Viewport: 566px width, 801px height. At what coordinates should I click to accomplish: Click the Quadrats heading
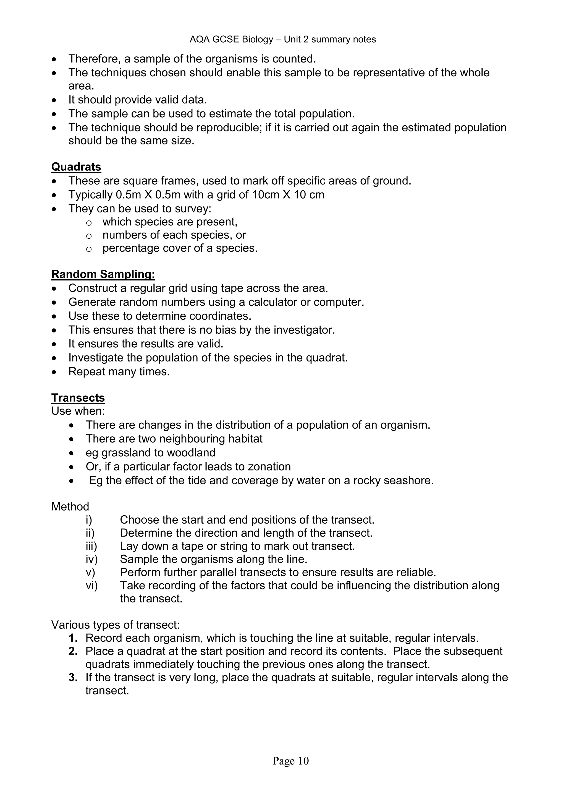[76, 167]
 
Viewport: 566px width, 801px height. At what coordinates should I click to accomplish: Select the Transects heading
[78, 398]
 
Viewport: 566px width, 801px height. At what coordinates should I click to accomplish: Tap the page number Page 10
[291, 761]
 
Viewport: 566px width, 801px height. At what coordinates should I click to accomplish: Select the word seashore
[408, 481]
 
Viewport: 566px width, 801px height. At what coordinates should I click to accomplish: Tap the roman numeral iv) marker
[92, 560]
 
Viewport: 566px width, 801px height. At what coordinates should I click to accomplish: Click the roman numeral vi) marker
[92, 586]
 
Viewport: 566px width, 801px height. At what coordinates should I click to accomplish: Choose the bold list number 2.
[73, 651]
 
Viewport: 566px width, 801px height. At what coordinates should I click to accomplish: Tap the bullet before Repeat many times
[54, 372]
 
